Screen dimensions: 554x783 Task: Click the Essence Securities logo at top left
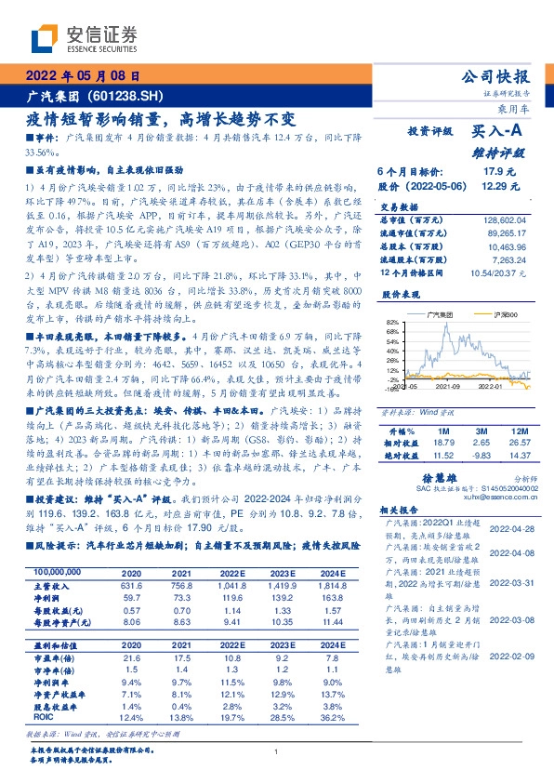[x=84, y=38]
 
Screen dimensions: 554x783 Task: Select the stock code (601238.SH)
[x=129, y=97]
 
